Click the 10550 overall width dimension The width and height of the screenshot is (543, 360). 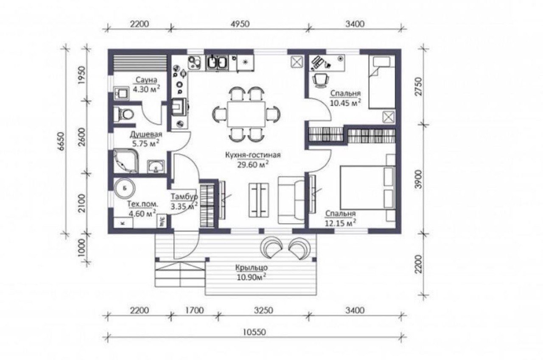[254, 332]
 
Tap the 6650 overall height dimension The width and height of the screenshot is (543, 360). [62, 141]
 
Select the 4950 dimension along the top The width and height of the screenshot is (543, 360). [240, 24]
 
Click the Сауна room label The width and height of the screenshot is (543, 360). [146, 80]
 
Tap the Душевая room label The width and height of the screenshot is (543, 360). [146, 134]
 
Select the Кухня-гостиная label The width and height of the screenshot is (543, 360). [253, 155]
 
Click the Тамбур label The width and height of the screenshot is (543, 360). [184, 197]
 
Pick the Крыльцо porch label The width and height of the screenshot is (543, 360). [252, 268]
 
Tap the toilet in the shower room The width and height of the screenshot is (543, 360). [124, 114]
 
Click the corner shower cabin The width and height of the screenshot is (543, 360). [126, 161]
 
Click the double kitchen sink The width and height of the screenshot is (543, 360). [217, 62]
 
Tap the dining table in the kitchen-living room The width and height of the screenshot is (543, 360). [246, 114]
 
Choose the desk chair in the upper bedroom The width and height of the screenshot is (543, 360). [321, 80]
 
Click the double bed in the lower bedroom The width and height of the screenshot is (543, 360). [368, 188]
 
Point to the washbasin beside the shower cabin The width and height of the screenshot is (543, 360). [156, 167]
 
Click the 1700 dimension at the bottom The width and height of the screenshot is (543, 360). [194, 310]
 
